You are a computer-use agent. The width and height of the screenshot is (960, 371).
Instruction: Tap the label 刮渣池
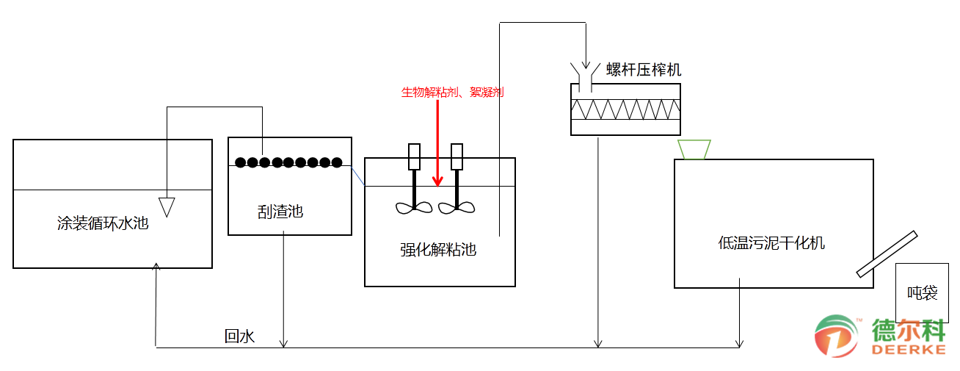pyautogui.click(x=280, y=212)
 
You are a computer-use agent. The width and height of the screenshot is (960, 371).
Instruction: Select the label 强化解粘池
pyautogui.click(x=438, y=250)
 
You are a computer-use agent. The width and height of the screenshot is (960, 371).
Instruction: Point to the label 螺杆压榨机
pyautogui.click(x=644, y=70)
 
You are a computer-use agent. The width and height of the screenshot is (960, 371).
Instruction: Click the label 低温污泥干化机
pyautogui.click(x=771, y=242)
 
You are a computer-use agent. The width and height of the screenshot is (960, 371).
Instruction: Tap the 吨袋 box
pyautogui.click(x=923, y=293)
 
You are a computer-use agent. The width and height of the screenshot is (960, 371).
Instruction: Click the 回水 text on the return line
pyautogui.click(x=239, y=336)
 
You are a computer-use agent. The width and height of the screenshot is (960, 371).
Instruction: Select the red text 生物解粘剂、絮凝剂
pyautogui.click(x=452, y=93)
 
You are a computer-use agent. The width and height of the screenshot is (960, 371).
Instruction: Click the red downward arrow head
pyautogui.click(x=437, y=181)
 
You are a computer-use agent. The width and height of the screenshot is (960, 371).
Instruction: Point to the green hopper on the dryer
pyautogui.click(x=694, y=149)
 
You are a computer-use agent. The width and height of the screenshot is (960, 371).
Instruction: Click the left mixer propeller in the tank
pyautogui.click(x=414, y=207)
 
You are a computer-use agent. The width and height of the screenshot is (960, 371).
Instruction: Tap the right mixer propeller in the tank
pyautogui.click(x=457, y=207)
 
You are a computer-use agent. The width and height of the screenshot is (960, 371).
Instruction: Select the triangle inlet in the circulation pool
pyautogui.click(x=167, y=206)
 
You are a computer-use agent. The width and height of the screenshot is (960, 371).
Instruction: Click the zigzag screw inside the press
pyautogui.click(x=625, y=109)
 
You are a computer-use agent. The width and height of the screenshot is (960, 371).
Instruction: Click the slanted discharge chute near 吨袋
pyautogui.click(x=887, y=254)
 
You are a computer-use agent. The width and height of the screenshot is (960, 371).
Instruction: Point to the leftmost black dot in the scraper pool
pyautogui.click(x=240, y=162)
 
